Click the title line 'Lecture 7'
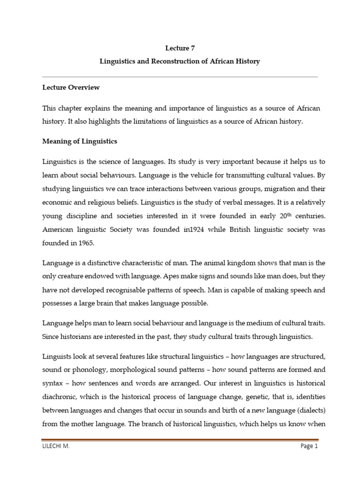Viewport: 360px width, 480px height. coord(180,48)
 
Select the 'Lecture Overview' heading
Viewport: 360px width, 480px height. coord(71,88)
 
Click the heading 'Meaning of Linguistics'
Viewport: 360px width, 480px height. coord(80,141)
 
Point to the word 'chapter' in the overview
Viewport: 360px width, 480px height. coord(74,108)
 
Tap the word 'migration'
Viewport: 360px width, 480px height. coord(265,188)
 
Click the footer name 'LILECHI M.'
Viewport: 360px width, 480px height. coord(55,447)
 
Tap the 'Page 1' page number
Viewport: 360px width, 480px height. coord(309,447)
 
